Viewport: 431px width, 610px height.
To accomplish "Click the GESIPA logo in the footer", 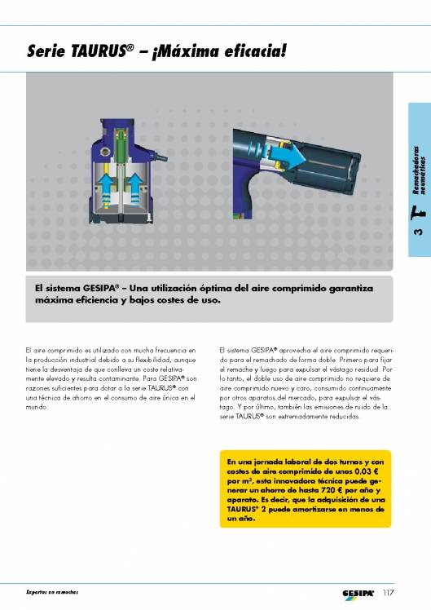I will (358, 592).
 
